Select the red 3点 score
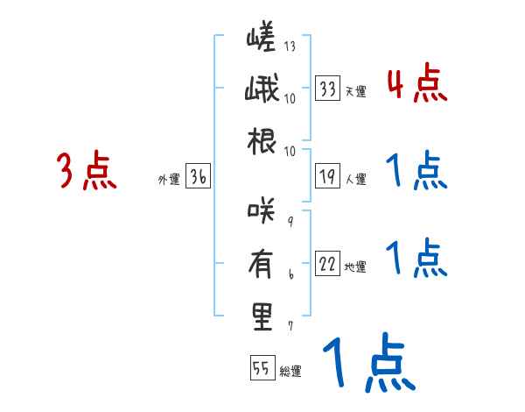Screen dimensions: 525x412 pyautogui.click(x=87, y=171)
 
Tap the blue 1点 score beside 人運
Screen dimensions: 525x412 pyautogui.click(x=416, y=171)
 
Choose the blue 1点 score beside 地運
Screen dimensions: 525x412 pyautogui.click(x=416, y=257)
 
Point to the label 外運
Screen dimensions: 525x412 pyautogui.click(x=168, y=180)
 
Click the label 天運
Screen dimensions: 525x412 pyautogui.click(x=354, y=91)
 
